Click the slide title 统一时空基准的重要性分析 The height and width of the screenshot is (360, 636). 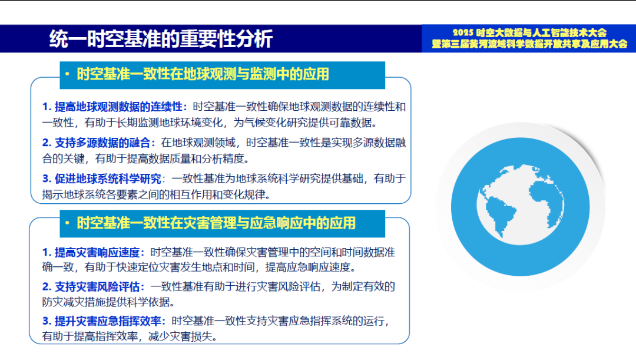pyautogui.click(x=161, y=39)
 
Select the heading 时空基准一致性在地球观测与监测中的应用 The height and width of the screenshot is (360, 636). pyautogui.click(x=203, y=74)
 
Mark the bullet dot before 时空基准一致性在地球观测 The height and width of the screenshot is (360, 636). pyautogui.click(x=68, y=74)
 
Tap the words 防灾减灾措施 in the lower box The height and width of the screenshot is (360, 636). pyautogui.click(x=74, y=302)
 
